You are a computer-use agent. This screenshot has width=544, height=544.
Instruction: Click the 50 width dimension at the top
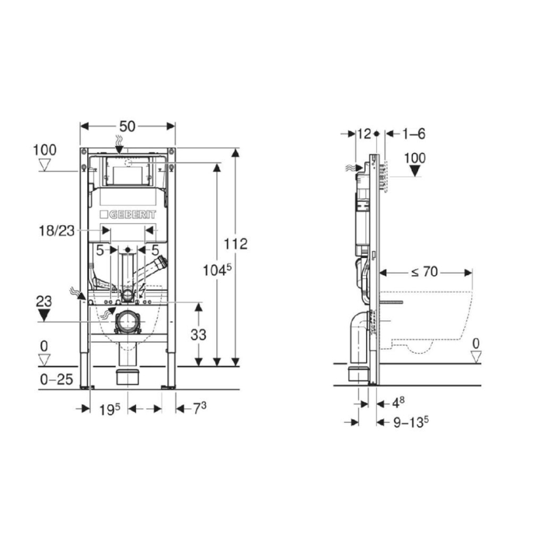click(128, 126)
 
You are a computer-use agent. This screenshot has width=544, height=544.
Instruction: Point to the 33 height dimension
click(198, 335)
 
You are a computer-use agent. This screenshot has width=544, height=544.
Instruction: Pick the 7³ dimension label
click(199, 409)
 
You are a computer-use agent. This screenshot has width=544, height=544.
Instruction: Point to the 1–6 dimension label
click(414, 133)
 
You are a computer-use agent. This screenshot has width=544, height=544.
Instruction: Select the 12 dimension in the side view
click(363, 133)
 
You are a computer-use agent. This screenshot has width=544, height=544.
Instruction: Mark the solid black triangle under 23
click(44, 315)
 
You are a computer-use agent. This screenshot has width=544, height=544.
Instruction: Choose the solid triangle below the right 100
click(414, 171)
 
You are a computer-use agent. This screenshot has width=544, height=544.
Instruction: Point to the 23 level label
click(43, 301)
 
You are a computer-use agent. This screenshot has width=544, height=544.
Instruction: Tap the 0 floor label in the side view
click(476, 343)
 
